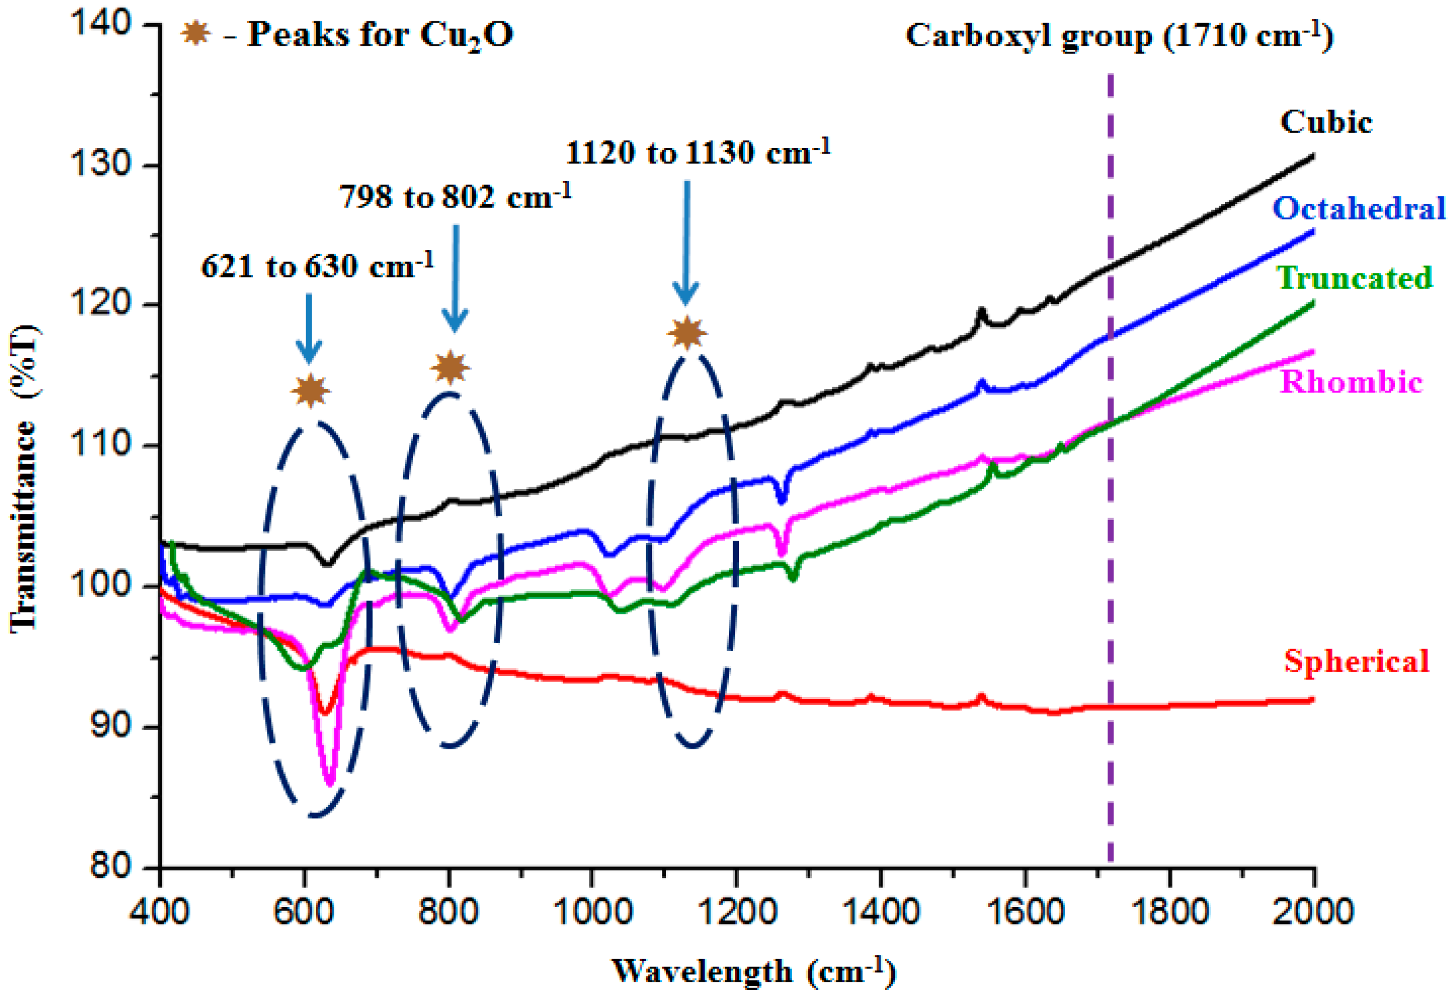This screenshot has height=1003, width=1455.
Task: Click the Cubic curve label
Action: click(1326, 122)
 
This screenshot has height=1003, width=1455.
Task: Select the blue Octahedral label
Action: click(1359, 209)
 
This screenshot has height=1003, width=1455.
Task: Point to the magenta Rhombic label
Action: click(1351, 382)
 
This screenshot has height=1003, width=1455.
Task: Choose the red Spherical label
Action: click(1357, 660)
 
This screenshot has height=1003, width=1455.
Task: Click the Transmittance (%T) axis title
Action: click(24, 478)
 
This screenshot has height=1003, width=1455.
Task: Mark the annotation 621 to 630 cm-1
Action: click(317, 266)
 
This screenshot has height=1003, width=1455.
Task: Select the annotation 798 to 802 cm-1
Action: click(456, 197)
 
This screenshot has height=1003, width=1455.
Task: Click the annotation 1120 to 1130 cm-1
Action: click(698, 152)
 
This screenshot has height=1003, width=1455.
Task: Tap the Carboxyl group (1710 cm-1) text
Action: click(1118, 36)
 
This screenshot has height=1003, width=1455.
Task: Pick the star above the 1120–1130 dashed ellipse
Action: click(687, 333)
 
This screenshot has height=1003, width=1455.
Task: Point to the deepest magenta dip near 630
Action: click(331, 782)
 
